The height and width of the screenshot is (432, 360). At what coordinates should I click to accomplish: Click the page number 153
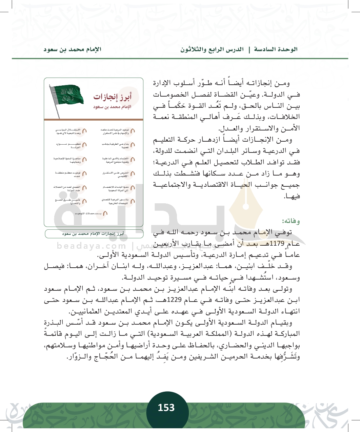point(166,407)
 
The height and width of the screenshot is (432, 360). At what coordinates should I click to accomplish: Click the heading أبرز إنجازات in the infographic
point(112,97)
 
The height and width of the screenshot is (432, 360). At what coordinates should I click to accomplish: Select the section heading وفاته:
point(291,221)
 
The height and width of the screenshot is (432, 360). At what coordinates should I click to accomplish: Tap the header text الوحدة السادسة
point(276,49)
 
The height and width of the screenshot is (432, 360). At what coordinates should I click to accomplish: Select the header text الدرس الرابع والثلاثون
point(212,49)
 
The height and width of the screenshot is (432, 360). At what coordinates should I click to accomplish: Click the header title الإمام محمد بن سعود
point(72,49)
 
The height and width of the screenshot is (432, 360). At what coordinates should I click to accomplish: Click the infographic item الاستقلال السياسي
point(68,131)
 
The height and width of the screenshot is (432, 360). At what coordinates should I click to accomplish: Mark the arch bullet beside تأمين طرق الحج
point(84,202)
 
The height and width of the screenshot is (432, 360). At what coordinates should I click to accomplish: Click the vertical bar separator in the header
point(249,49)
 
